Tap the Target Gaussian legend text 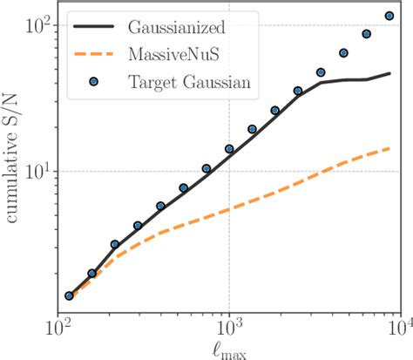click(190, 84)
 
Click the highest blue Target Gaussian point click(389, 16)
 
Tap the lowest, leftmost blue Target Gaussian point click(69, 295)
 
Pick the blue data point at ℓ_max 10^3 click(229, 149)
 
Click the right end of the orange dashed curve click(389, 148)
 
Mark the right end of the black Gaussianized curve click(389, 74)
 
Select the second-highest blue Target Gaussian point click(367, 34)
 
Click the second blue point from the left click(91, 273)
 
